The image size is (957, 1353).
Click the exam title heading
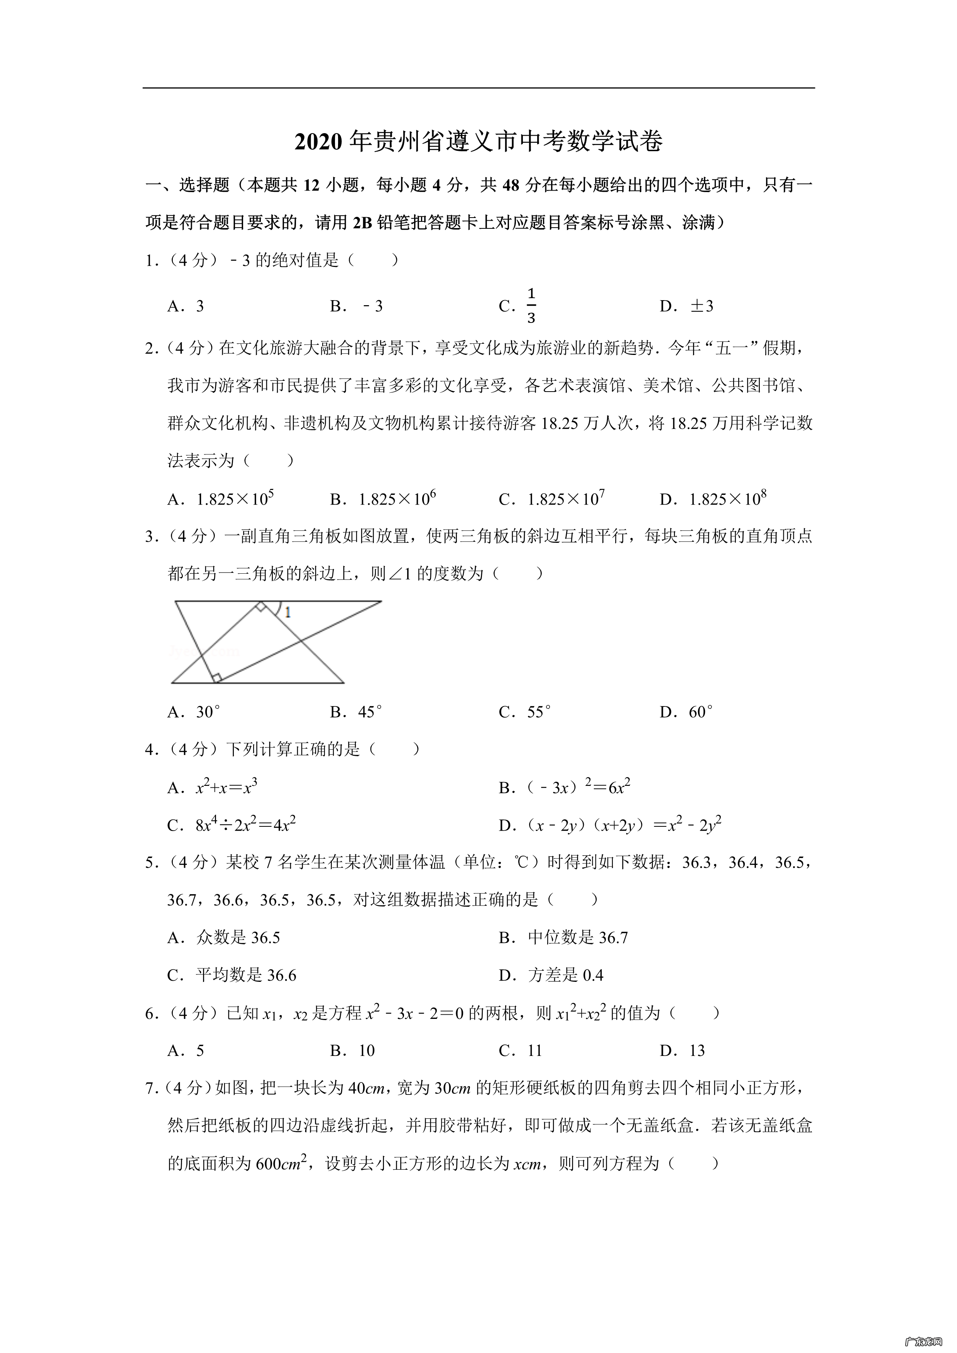tap(478, 142)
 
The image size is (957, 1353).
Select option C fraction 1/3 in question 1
tap(530, 306)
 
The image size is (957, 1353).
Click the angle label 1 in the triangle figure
tap(287, 613)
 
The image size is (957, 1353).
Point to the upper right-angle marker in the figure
tap(260, 607)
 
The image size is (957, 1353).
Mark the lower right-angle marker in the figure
tap(216, 678)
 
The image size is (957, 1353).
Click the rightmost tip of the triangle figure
tap(381, 602)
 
